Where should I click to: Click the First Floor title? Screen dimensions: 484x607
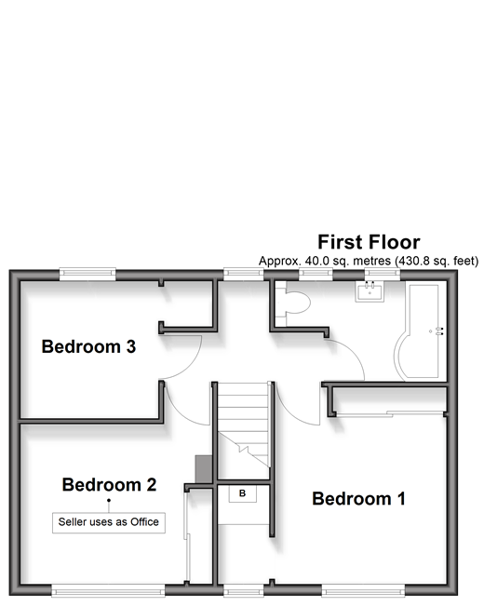point(369,242)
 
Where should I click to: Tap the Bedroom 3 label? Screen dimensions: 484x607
point(88,346)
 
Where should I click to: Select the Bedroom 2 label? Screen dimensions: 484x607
point(109,485)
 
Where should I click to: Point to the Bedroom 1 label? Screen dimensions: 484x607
point(358,499)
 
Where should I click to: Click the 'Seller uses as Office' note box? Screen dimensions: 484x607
point(109,522)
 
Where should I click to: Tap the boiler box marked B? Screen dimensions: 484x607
point(243,493)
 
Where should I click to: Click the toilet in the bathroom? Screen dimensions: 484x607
point(293,303)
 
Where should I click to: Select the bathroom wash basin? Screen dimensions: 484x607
point(370,291)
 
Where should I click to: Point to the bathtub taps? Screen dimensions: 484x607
point(439,331)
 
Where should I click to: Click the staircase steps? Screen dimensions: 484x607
point(243,425)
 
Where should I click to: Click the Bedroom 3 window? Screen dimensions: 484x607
point(87,274)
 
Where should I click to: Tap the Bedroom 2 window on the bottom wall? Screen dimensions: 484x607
point(108,591)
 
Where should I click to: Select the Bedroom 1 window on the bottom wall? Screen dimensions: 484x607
point(363,591)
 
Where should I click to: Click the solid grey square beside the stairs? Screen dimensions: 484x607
point(204,469)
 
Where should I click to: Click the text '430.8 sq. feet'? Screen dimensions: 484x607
point(437,261)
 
